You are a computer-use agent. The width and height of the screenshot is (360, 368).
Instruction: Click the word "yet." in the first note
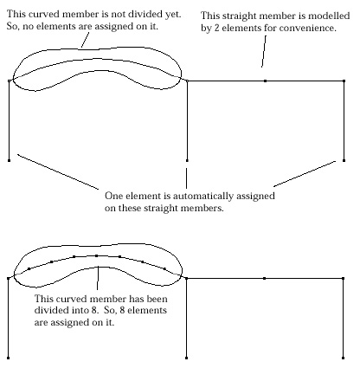tap(173, 15)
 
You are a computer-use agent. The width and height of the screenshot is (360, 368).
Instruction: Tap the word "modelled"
tap(329, 16)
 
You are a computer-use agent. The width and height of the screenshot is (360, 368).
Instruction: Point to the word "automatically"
tap(203, 196)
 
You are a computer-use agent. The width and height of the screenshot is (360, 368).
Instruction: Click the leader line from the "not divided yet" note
tap(85, 40)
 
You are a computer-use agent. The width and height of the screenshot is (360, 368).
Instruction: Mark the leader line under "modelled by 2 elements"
tap(264, 51)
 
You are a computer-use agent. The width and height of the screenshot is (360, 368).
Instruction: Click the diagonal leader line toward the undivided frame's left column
tap(58, 171)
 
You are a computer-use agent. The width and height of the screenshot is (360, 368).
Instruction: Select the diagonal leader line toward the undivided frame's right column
tap(305, 173)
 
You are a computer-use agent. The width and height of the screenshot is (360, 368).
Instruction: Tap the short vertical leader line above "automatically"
tap(186, 178)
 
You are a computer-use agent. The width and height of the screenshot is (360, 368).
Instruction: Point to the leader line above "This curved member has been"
tap(98, 278)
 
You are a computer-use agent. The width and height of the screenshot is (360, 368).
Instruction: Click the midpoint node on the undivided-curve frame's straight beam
tap(265, 81)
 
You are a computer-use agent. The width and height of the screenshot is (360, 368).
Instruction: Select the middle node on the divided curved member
tap(96, 256)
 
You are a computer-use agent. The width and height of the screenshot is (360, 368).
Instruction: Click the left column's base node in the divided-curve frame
tap(8, 358)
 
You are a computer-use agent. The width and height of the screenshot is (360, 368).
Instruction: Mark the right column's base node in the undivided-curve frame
tap(344, 160)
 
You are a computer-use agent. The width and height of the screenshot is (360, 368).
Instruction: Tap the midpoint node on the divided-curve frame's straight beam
tap(264, 279)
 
